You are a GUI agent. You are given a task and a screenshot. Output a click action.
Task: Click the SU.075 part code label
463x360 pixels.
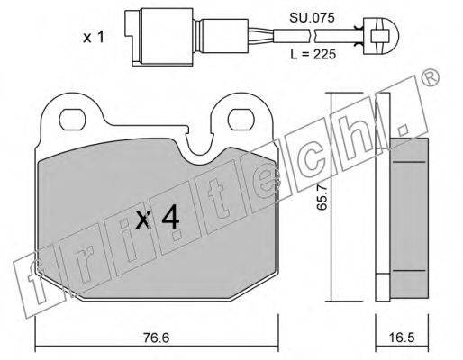312,18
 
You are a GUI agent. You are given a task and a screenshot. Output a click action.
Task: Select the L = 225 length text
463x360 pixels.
313,54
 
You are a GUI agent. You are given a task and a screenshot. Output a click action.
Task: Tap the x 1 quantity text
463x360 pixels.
94,38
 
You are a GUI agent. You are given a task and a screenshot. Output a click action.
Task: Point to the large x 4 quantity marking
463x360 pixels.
158,219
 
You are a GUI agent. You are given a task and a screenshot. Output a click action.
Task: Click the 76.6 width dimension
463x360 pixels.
156,337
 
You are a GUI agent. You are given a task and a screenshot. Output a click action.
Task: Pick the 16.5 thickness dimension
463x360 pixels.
401,337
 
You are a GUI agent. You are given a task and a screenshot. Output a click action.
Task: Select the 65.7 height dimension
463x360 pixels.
322,197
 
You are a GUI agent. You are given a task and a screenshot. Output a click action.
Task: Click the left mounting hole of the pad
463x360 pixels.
72,120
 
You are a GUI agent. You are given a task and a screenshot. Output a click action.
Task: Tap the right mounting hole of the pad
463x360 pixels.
241,120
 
